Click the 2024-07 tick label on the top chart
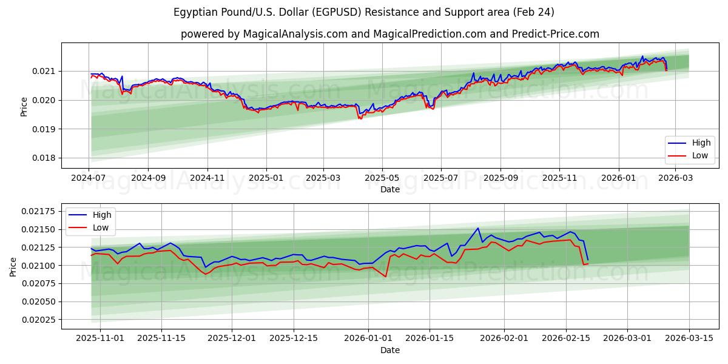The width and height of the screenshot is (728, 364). coord(89,178)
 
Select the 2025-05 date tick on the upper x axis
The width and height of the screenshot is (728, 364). coord(382,178)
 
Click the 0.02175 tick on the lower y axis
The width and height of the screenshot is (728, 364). coord(39,211)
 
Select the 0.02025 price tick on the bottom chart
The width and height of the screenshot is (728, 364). coord(39,320)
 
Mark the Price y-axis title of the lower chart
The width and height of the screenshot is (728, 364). coord(14,266)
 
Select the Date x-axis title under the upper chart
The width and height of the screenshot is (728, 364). coord(390,189)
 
